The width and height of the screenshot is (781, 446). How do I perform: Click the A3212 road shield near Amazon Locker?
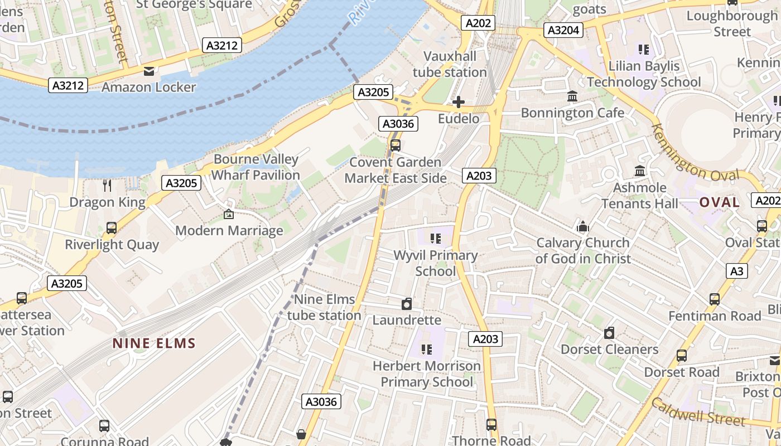[68, 85]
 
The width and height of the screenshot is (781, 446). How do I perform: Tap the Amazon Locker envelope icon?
[149, 71]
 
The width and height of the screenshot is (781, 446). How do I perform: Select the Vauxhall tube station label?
[450, 64]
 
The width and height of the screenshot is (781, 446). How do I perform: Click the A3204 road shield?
[564, 30]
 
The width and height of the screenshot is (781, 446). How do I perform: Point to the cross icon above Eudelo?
[459, 102]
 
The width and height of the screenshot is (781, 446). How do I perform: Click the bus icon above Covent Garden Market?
[395, 146]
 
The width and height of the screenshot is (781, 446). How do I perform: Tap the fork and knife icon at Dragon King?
[107, 186]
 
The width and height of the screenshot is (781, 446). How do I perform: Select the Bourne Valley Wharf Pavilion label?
[255, 167]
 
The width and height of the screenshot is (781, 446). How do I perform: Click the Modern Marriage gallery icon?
[229, 214]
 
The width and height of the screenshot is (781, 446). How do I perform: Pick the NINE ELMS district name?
[154, 343]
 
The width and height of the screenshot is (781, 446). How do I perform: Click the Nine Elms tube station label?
[324, 307]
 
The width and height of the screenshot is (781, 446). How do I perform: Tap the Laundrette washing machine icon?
[407, 304]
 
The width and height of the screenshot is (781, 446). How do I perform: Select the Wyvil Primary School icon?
[436, 239]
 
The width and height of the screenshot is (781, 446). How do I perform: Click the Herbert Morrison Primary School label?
[427, 374]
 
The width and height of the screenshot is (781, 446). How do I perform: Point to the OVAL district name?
[720, 202]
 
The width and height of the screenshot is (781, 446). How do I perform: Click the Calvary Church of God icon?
[583, 226]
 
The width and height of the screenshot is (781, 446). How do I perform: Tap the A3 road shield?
[737, 271]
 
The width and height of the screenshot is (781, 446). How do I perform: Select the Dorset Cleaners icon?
[609, 333]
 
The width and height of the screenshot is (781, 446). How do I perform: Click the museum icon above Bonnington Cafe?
[572, 96]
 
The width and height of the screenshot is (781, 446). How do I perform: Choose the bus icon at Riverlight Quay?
[112, 228]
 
